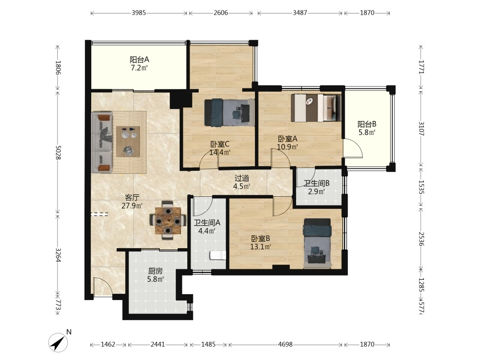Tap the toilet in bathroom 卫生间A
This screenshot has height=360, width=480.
pos(218,255)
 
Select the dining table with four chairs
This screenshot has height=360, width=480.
pos(168,220)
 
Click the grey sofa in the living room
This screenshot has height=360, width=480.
pos(102,143)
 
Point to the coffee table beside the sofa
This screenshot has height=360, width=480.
pos(128,142)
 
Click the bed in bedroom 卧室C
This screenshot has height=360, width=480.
pos(229,112)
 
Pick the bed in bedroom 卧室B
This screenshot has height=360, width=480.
pos(317,243)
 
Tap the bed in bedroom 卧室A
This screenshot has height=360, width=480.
pos(316,108)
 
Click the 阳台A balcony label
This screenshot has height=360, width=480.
pos(139,60)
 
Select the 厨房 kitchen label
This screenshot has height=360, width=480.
pos(155,271)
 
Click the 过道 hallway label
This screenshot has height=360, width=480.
pos(242,178)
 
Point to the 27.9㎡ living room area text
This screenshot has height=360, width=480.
pos(132,206)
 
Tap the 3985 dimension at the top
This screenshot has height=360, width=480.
pos(139,13)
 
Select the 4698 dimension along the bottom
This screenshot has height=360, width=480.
pos(285,344)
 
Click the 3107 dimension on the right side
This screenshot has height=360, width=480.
pos(421,129)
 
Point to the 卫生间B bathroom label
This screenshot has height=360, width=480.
pos(316,183)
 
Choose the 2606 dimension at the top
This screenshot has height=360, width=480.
pos(221,13)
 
